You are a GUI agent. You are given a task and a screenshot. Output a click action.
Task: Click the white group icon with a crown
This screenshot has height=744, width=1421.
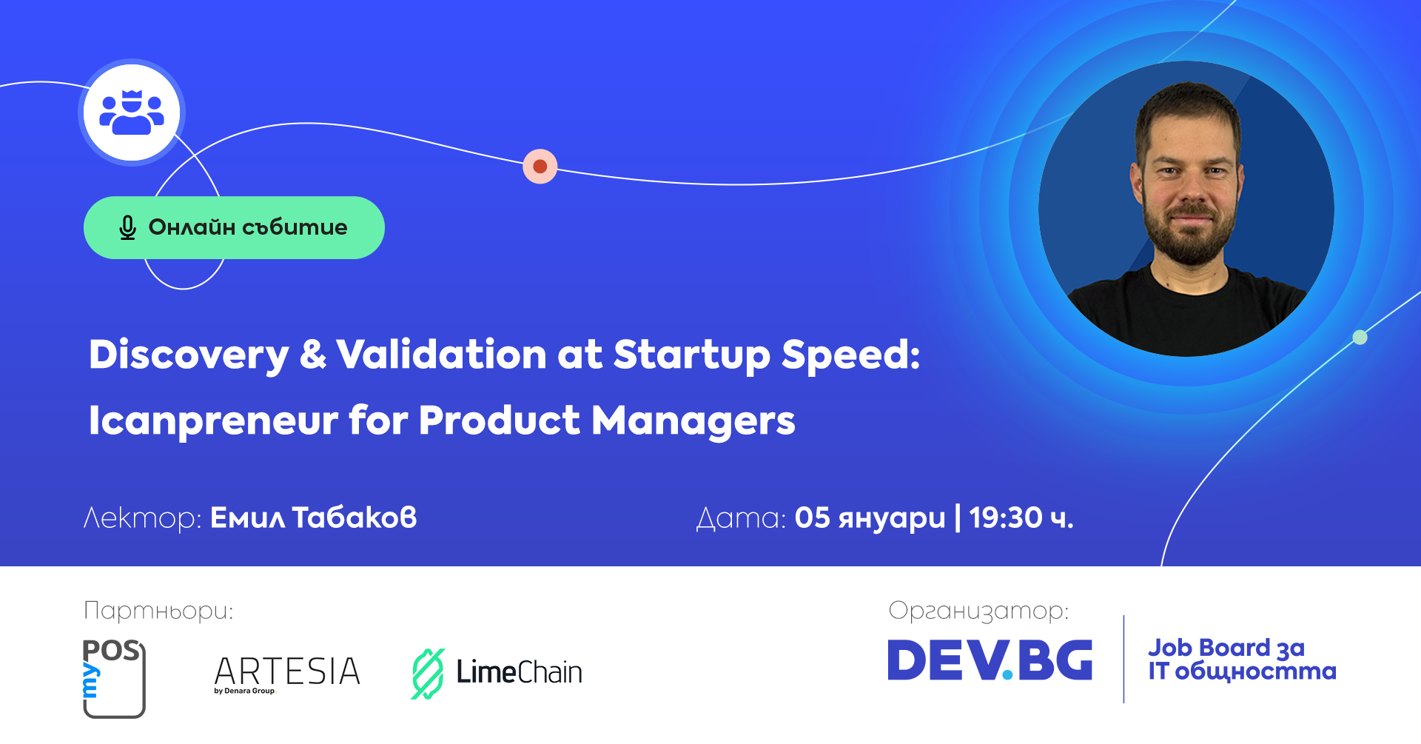(132, 113)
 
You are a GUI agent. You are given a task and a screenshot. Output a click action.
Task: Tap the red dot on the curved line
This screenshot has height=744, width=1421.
(540, 167)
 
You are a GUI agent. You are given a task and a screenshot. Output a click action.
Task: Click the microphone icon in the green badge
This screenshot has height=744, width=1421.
(127, 227)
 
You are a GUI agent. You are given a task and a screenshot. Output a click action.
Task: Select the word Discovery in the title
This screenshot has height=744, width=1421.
(189, 355)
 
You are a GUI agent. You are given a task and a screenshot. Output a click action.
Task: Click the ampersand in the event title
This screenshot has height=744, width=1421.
(313, 354)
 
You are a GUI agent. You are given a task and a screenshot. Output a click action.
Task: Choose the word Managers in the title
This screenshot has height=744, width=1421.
(693, 421)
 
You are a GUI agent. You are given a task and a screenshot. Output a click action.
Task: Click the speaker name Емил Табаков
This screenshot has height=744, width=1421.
(314, 517)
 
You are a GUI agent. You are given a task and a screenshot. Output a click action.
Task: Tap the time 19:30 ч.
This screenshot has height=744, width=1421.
(1021, 517)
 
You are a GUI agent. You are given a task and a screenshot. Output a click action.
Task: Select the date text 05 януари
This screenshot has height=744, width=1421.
(870, 518)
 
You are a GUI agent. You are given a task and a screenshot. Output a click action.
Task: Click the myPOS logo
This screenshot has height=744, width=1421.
(113, 678)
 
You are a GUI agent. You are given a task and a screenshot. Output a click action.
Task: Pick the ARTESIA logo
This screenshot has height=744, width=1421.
(287, 674)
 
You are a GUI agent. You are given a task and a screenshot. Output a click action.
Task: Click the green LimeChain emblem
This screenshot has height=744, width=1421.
(428, 674)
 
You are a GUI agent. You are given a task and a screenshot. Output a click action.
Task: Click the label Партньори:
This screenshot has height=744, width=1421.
(158, 611)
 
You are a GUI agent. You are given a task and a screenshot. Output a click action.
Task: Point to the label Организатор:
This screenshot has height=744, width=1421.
(978, 611)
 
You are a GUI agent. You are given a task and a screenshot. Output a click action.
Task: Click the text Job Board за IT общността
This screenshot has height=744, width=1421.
(1242, 659)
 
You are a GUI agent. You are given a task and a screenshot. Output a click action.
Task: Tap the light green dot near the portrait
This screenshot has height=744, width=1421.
(1360, 338)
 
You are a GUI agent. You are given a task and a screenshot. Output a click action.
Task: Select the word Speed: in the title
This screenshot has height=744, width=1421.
(851, 355)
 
